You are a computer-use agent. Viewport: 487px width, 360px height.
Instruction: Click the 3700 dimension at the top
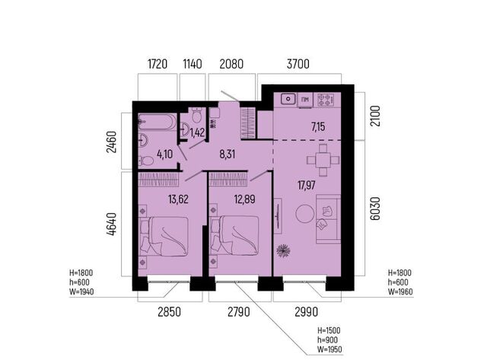click(x=298, y=64)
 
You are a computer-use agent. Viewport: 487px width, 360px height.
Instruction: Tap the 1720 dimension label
click(x=158, y=64)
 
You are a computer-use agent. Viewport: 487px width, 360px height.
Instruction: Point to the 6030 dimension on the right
click(x=375, y=208)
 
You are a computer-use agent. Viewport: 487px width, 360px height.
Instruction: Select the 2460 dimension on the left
click(x=111, y=142)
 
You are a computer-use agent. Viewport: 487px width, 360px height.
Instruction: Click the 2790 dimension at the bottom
click(x=238, y=311)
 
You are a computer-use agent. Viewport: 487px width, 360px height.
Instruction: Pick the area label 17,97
click(x=307, y=186)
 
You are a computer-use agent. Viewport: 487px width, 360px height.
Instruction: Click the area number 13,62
click(x=178, y=199)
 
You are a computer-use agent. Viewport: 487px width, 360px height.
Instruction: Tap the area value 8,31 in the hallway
click(x=227, y=154)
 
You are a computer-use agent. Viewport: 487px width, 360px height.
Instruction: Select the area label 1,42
click(x=197, y=132)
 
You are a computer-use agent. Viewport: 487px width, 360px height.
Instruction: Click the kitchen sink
click(x=288, y=100)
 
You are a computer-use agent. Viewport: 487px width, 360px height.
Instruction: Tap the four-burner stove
click(x=326, y=100)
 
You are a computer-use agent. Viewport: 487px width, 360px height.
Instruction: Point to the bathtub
click(x=158, y=122)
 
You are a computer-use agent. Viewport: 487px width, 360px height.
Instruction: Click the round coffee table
click(x=305, y=213)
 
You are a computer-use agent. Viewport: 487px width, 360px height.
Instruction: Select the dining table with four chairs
click(x=323, y=161)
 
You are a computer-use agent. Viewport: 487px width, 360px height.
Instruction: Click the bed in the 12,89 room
click(x=234, y=236)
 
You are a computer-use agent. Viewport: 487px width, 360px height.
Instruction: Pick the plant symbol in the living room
click(x=283, y=250)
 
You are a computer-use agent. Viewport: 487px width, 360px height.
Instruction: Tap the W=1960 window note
click(x=400, y=292)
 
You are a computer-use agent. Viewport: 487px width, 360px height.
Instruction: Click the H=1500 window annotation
click(x=329, y=330)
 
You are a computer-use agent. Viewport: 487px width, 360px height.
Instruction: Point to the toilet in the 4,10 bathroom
click(x=146, y=161)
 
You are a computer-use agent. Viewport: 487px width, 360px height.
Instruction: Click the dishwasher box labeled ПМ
click(x=305, y=100)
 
